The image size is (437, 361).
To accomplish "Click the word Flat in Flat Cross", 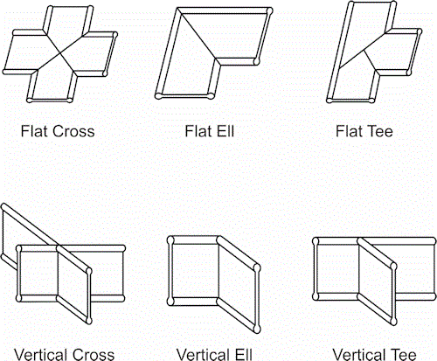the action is tap(34, 131).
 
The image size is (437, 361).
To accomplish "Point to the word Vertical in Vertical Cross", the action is tap(40, 355).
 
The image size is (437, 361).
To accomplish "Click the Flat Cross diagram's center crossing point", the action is tap(60, 52).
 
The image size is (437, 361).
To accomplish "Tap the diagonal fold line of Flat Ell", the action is tap(198, 35).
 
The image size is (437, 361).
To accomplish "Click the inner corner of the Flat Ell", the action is tap(216, 59).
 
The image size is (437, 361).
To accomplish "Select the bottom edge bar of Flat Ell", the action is tap(185, 95).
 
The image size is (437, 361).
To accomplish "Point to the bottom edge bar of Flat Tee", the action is tap(350, 101).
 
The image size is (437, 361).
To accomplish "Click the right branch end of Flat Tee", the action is tap(415, 52).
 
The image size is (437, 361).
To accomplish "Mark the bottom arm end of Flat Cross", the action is tap(49, 100).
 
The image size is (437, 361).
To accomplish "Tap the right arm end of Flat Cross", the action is tap(111, 54).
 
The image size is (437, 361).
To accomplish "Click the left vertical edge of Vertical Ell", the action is tap(170, 270).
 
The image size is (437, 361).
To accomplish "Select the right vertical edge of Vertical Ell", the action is tap(257, 299).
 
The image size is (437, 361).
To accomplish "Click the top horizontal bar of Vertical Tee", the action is tap(374, 241).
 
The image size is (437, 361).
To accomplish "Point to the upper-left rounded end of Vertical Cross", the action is tap(3, 207).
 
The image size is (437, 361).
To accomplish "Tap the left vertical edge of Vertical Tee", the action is tap(316, 268).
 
